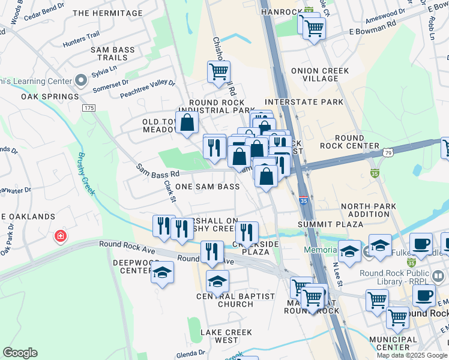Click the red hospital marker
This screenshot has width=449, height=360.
(x=60, y=236)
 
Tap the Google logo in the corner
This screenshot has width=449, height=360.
(x=20, y=353)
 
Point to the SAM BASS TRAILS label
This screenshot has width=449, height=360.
(x=113, y=54)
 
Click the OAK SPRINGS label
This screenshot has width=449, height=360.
(x=50, y=97)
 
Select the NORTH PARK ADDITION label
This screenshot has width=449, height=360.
(x=365, y=210)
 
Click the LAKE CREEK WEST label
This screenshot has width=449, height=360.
(x=218, y=336)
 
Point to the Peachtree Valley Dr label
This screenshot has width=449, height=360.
(x=147, y=90)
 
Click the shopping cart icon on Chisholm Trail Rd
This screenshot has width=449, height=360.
(x=218, y=71)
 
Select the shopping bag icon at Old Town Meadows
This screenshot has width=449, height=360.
(x=187, y=122)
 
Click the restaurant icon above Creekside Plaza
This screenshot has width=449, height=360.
(x=247, y=231)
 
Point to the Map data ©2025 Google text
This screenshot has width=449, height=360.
(x=412, y=355)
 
